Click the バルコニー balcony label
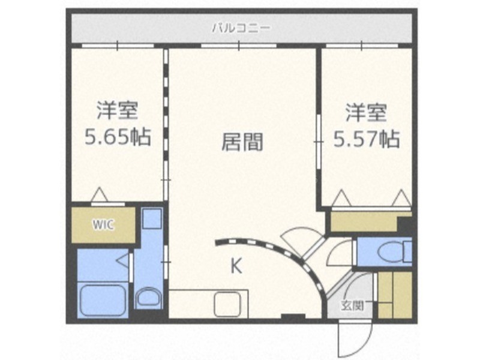[242, 28]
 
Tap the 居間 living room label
[242, 142]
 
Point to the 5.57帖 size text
[367, 139]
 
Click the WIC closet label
[103, 225]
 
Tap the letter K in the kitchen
[236, 266]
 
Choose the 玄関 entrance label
[353, 306]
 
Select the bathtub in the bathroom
[103, 299]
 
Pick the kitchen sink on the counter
[227, 304]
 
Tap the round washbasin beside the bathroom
[148, 297]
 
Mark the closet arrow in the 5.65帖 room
[100, 194]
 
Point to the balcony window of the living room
[239, 46]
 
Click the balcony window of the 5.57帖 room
[362, 46]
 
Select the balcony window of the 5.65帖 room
[118, 46]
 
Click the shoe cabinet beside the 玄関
[395, 295]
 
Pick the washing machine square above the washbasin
[152, 218]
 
